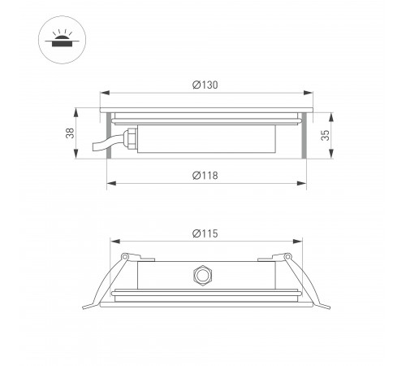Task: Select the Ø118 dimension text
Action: pyautogui.click(x=206, y=176)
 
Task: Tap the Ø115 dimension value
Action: pyautogui.click(x=206, y=233)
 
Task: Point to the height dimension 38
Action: pyautogui.click(x=71, y=132)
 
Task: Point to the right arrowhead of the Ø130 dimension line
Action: pyautogui.click(x=311, y=94)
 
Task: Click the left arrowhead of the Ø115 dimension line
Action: pyautogui.click(x=111, y=241)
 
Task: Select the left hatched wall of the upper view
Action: pyautogui.click(x=109, y=134)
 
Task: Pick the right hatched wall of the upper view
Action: pyautogui.click(x=304, y=134)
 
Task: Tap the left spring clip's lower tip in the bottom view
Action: pyautogui.click(x=84, y=306)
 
